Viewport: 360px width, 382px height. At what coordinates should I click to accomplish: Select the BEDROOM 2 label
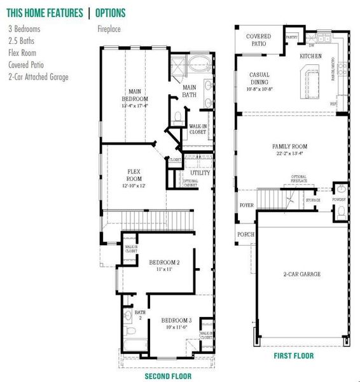click(x=164, y=262)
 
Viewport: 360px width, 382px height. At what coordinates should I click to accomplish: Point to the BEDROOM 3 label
click(x=176, y=320)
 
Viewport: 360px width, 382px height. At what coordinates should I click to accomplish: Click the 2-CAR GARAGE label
click(x=301, y=274)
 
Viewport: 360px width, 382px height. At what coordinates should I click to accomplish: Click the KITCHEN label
click(x=310, y=57)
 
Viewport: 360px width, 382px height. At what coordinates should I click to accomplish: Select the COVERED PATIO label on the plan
click(x=258, y=40)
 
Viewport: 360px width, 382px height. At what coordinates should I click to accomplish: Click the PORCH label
click(x=246, y=234)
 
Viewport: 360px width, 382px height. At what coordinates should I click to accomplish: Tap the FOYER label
click(x=246, y=205)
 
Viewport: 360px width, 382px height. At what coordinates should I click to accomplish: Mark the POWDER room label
click(x=339, y=199)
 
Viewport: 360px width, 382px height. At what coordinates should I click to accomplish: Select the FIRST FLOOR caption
click(x=293, y=355)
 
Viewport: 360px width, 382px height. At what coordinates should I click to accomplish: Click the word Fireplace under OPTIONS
click(x=109, y=29)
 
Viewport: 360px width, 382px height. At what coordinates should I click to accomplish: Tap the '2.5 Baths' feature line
click(x=21, y=41)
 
